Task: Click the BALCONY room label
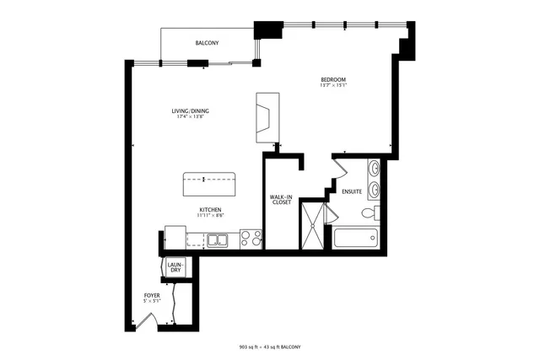(208, 43)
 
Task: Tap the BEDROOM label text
(332, 78)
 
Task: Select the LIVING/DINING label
(190, 111)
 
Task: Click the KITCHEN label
(210, 209)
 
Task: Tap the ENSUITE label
(352, 191)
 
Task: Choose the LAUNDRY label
(175, 267)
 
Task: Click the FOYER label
(152, 295)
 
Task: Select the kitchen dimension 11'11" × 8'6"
(210, 215)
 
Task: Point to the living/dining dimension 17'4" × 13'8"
(190, 117)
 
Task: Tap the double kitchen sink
(218, 241)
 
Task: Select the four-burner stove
(250, 239)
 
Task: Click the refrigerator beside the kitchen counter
(175, 236)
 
